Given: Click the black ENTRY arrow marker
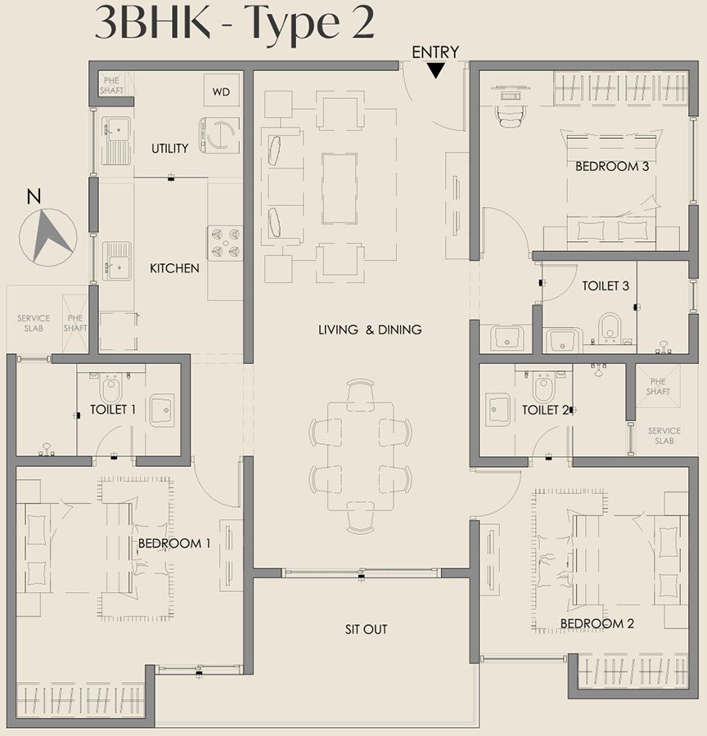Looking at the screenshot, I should coord(436,70).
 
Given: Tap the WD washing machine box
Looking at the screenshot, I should coord(221,92).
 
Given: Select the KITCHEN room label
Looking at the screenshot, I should coord(174,268).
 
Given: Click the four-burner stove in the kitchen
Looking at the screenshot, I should coord(226,243).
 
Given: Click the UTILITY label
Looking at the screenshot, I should coord(169,148).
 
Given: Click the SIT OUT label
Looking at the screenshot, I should coord(366,630).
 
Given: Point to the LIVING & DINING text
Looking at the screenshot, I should coord(370,330).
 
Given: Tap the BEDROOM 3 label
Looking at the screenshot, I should coord(612,166).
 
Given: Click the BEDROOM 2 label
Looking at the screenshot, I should coord(597,624).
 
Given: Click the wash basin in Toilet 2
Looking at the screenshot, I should coord(498,410).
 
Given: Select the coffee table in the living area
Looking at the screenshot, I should coord(339,188).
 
